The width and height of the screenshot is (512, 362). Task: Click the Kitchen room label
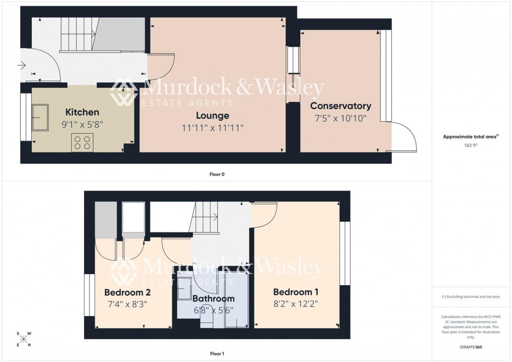click(82, 112)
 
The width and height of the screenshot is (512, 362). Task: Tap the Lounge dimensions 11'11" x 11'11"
click(213, 127)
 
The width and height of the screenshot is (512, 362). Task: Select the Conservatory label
click(341, 106)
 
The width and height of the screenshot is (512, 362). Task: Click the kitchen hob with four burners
click(82, 142)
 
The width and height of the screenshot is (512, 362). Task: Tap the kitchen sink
click(40, 118)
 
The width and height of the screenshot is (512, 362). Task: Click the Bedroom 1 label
click(296, 292)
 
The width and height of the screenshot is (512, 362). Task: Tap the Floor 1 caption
click(216, 354)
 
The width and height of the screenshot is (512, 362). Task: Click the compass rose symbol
click(24, 339)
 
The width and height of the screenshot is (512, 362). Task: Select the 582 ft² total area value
click(471, 146)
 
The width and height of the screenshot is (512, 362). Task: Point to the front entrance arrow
click(21, 65)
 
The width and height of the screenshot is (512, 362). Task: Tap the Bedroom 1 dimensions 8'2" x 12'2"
click(296, 304)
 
